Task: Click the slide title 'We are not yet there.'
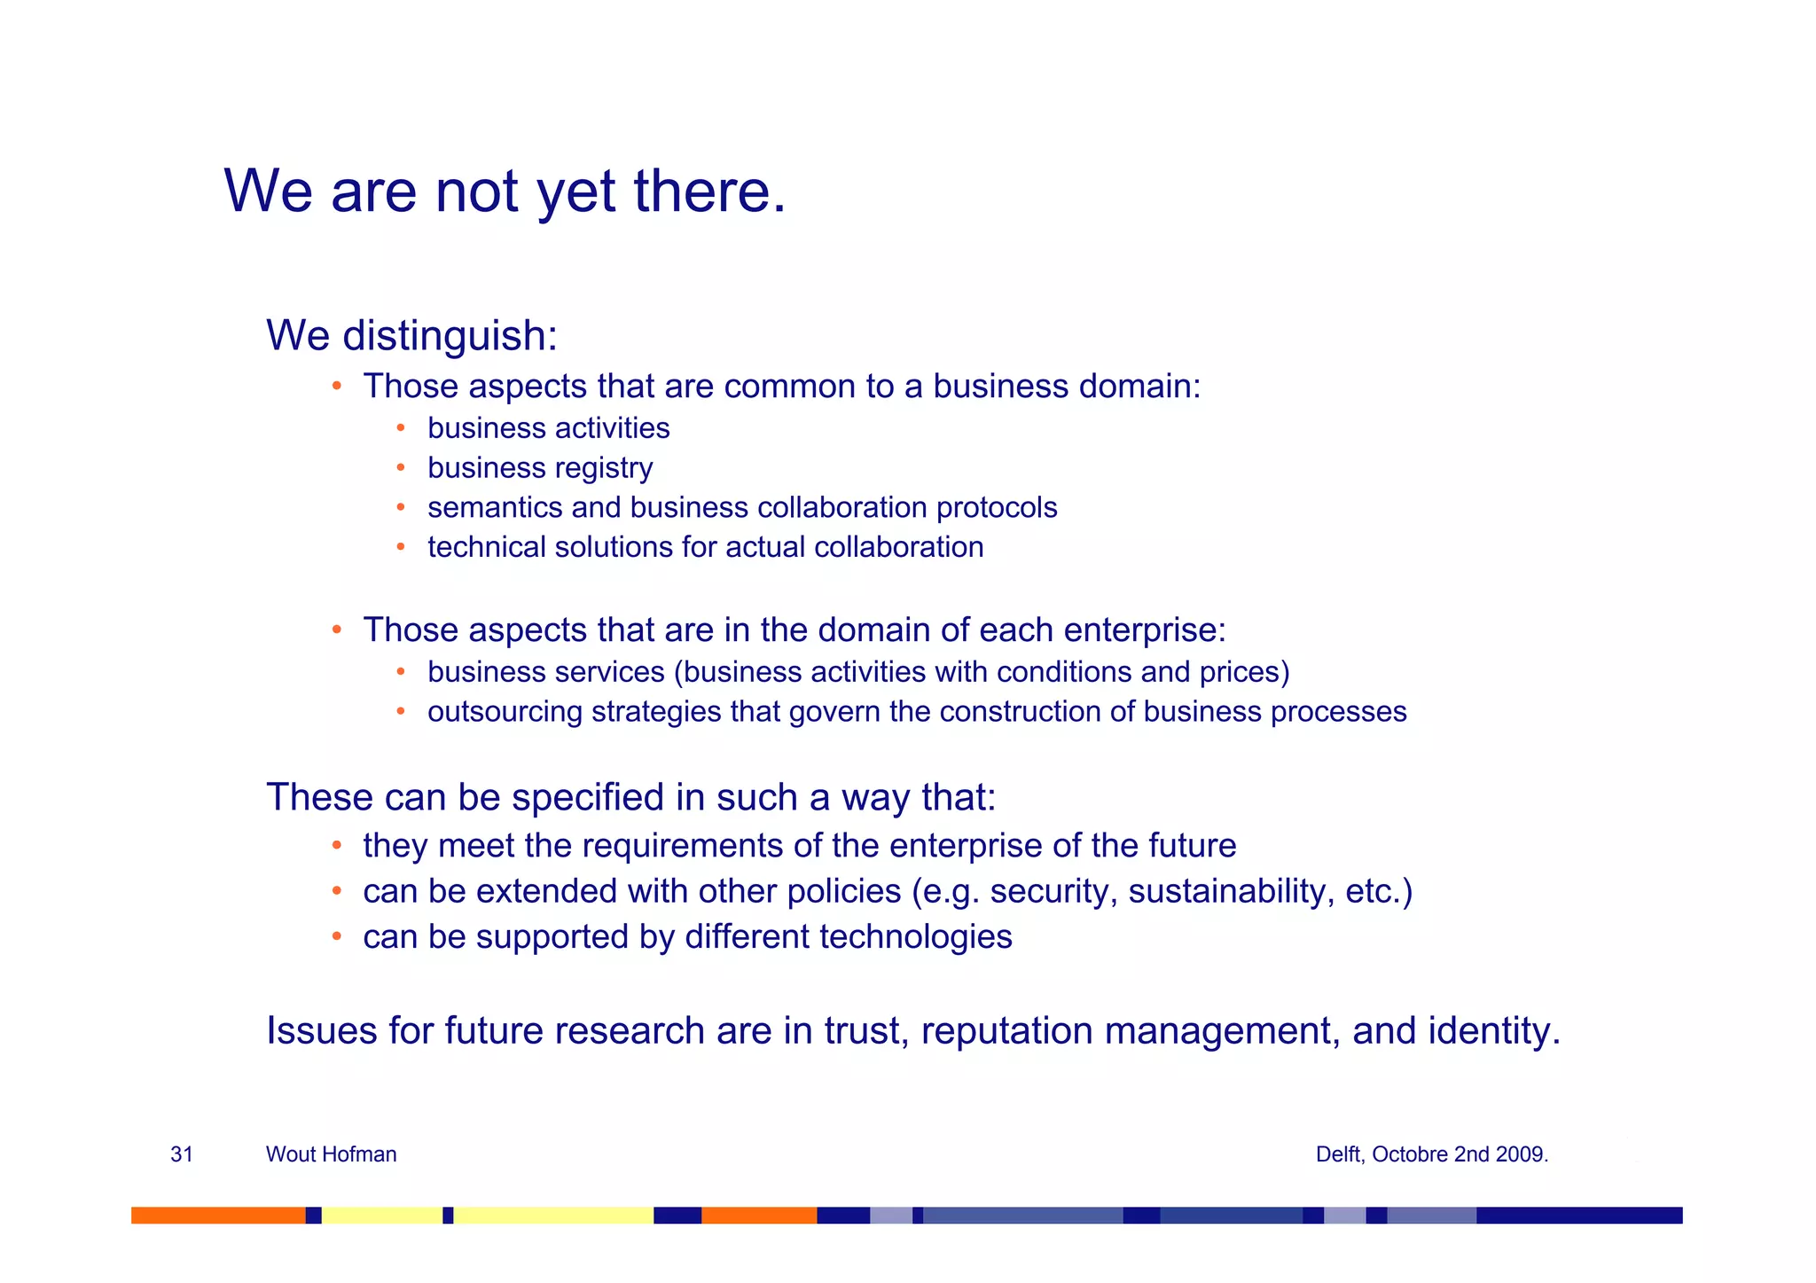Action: coord(505,191)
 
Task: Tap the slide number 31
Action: coord(182,1154)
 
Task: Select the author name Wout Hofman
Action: coord(331,1154)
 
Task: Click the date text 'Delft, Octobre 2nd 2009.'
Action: coord(1431,1154)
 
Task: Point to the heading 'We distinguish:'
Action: coord(411,335)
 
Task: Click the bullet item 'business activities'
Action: coord(548,428)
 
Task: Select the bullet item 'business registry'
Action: coord(539,468)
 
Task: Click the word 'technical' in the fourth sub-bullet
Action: coord(486,547)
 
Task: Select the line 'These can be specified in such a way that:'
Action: coord(630,797)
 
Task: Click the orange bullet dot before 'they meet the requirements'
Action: coord(336,846)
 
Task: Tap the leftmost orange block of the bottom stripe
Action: coord(217,1215)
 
